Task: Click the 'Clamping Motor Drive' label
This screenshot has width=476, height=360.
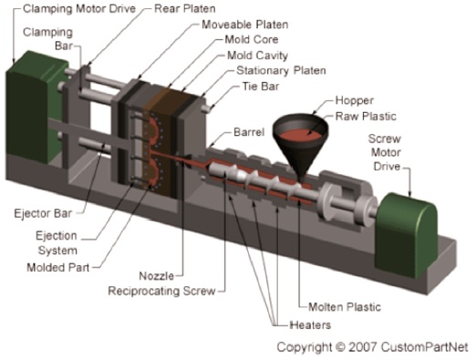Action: [79, 8]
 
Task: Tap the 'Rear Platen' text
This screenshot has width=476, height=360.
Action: [185, 8]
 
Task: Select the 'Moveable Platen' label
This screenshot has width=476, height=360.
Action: [245, 25]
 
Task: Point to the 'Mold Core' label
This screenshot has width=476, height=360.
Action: [252, 39]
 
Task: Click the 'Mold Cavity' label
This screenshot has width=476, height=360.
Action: [257, 56]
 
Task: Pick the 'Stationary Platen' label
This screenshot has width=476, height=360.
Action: [281, 70]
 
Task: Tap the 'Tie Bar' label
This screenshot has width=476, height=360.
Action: [261, 87]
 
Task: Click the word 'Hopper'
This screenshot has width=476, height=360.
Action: [355, 101]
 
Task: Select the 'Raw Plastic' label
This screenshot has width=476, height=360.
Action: [366, 117]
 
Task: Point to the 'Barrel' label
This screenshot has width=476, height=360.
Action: [249, 132]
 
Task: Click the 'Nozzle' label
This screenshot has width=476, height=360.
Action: [157, 276]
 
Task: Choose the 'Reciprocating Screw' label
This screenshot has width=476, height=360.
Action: [161, 291]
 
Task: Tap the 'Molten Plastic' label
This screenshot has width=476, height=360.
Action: [345, 307]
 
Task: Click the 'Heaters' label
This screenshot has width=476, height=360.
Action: [310, 325]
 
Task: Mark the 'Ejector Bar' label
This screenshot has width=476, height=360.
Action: [43, 213]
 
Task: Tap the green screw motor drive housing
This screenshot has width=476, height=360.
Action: [406, 235]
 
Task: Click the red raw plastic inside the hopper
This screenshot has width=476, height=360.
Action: [300, 135]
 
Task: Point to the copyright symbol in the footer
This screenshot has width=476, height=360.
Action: [340, 346]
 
